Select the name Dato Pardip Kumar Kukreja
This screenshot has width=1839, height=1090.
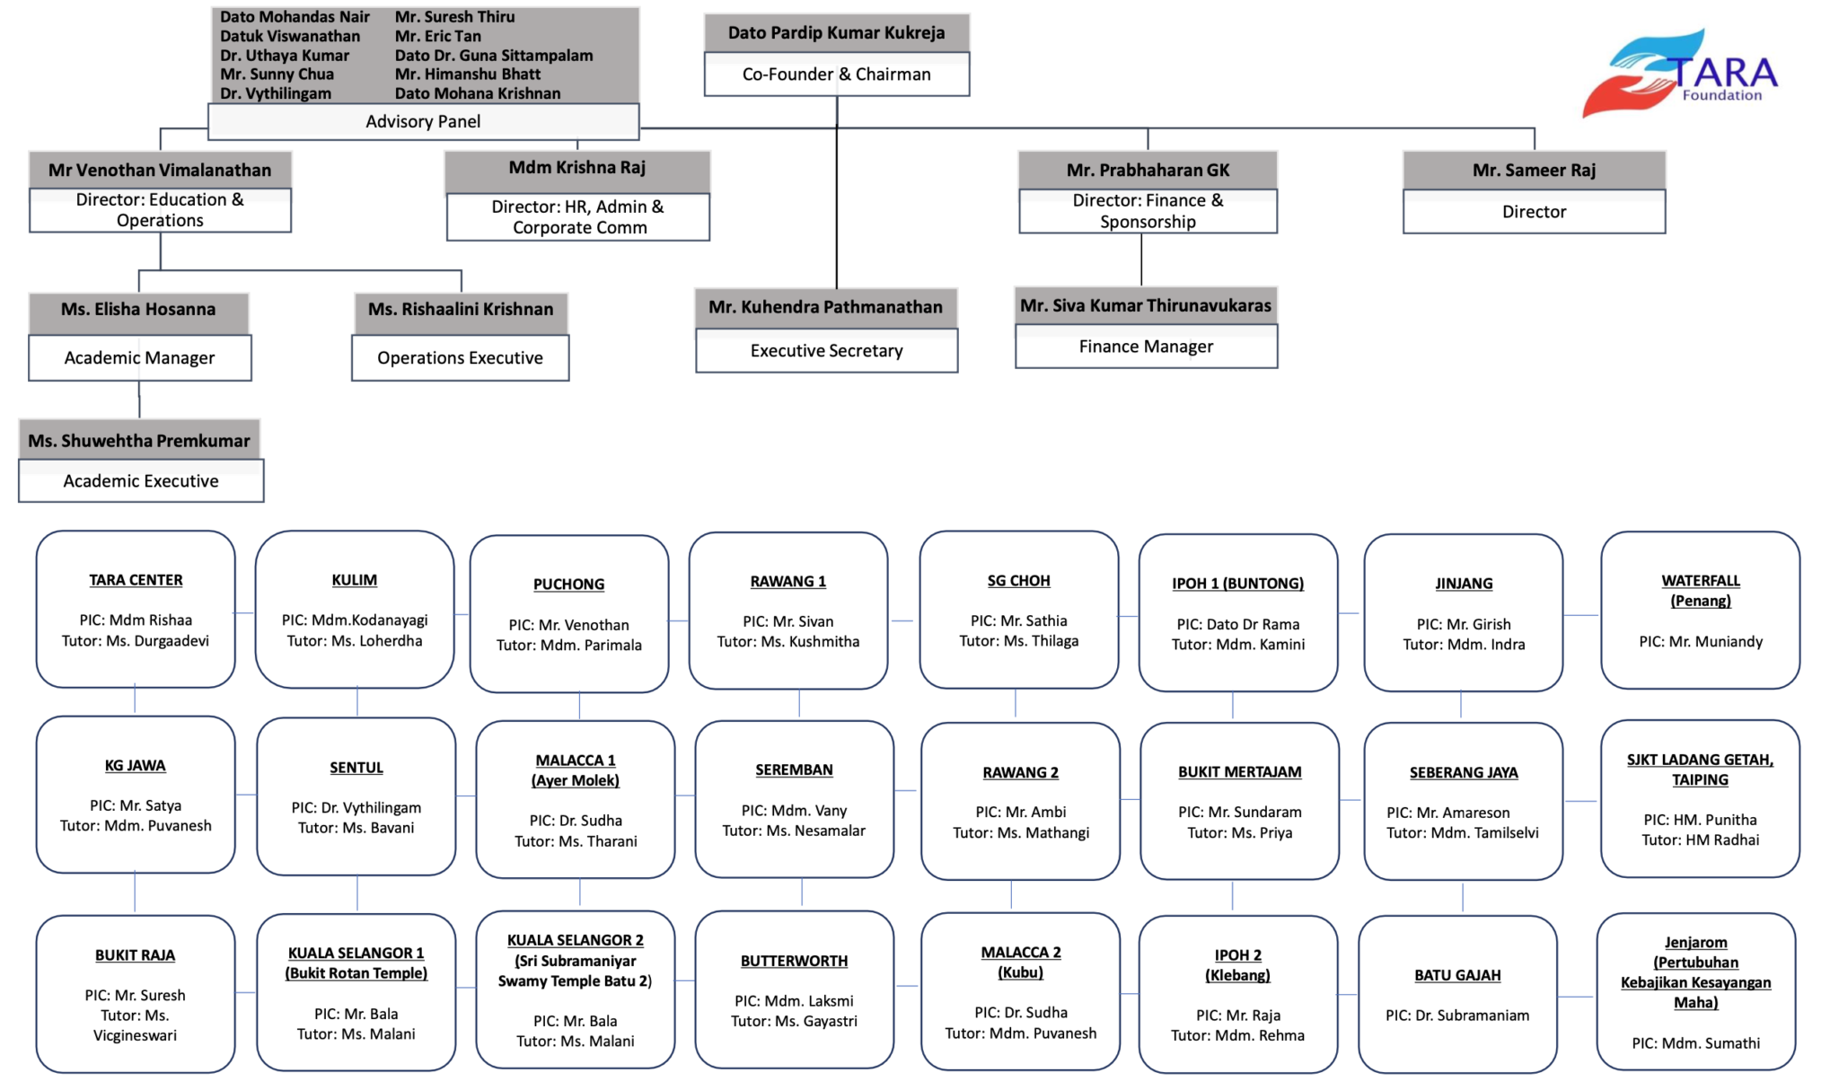click(836, 32)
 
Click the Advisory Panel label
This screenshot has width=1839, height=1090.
click(423, 121)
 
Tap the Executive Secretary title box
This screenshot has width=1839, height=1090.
click(826, 350)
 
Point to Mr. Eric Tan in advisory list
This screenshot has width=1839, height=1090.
click(438, 36)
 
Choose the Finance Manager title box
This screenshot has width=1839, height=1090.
click(1146, 347)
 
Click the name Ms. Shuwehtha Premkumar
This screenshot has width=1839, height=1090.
click(139, 440)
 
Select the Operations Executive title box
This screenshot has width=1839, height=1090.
click(460, 357)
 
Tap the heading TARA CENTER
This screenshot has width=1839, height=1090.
click(136, 580)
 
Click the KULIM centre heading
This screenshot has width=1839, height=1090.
click(355, 580)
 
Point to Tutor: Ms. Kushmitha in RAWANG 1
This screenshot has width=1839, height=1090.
click(788, 641)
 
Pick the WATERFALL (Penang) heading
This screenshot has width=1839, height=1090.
click(1700, 591)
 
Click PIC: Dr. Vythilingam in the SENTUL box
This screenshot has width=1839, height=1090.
click(356, 807)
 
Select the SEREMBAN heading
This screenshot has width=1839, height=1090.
click(794, 769)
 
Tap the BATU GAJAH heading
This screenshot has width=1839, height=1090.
click(1457, 975)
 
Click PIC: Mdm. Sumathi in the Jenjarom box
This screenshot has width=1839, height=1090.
click(1695, 1042)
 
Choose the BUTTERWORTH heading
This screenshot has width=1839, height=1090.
click(794, 961)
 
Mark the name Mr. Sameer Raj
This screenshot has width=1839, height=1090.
click(1534, 170)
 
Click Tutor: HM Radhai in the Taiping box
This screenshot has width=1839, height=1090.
click(1700, 839)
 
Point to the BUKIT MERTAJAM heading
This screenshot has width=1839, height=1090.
click(1239, 771)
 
